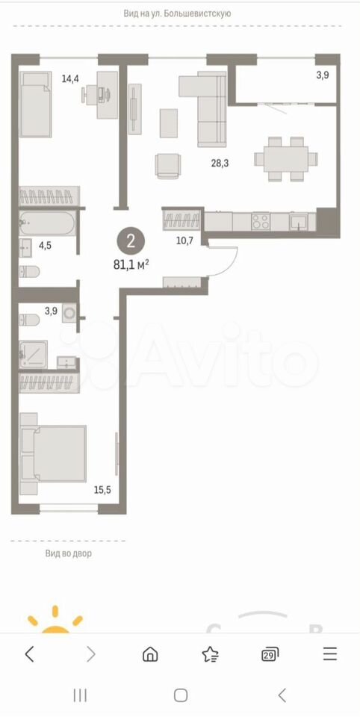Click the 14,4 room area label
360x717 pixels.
click(x=70, y=78)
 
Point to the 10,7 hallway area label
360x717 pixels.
click(x=184, y=240)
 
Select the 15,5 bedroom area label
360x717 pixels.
click(x=102, y=490)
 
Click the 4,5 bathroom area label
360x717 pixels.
click(x=45, y=245)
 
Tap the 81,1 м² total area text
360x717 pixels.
click(x=132, y=264)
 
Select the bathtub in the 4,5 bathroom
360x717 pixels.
click(x=48, y=223)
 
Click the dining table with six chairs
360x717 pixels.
click(x=286, y=158)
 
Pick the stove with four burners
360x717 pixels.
click(x=261, y=222)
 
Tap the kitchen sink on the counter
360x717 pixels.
click(x=299, y=222)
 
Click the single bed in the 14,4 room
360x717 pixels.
click(x=35, y=105)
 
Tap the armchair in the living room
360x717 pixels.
click(x=168, y=165)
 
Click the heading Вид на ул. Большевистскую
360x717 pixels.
click(x=177, y=13)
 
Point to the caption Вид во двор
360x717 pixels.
click(x=69, y=553)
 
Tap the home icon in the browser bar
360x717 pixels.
click(x=149, y=655)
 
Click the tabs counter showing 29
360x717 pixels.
click(x=270, y=655)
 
